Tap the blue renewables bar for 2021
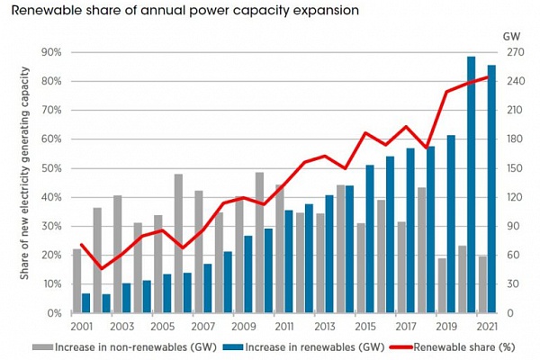coord(491,189)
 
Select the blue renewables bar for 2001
coord(85,302)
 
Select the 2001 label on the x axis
coord(82,326)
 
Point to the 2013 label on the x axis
coord(326,326)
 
